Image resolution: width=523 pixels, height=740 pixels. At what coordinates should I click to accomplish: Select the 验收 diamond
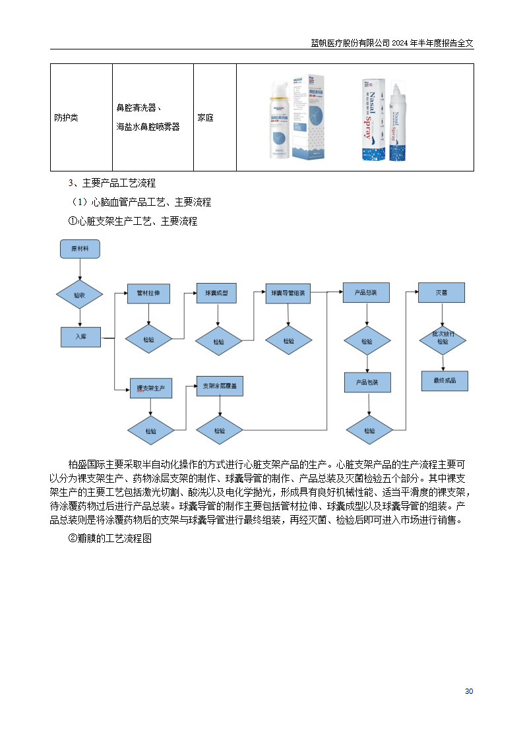(79, 295)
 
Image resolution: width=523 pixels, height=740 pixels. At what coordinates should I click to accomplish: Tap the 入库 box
(80, 336)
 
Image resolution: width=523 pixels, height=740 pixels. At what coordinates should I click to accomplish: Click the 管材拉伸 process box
(148, 293)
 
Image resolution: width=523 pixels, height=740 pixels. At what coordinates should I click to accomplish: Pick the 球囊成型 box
(216, 293)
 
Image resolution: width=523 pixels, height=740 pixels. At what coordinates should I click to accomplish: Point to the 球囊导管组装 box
(288, 293)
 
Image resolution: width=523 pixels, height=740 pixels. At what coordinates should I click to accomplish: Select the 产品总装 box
(365, 293)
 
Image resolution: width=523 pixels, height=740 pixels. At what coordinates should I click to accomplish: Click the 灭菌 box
(441, 292)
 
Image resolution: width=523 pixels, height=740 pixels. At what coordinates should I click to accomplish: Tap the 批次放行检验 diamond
(443, 338)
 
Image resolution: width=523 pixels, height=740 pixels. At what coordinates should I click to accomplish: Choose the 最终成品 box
(445, 381)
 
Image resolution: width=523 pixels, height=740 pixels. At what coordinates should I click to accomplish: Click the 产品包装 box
(367, 383)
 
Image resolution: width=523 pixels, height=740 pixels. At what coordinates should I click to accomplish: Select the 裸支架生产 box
(151, 388)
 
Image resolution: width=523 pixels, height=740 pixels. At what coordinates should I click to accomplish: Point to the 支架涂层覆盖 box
(220, 385)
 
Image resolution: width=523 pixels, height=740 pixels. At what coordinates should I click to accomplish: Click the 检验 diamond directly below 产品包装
(369, 431)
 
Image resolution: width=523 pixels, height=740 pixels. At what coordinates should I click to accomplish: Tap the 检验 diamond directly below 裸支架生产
(151, 431)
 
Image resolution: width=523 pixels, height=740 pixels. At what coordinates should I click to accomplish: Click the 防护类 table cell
(66, 117)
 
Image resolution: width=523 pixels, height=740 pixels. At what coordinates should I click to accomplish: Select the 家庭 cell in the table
(205, 117)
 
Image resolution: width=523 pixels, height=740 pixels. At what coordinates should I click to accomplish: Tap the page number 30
(469, 691)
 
